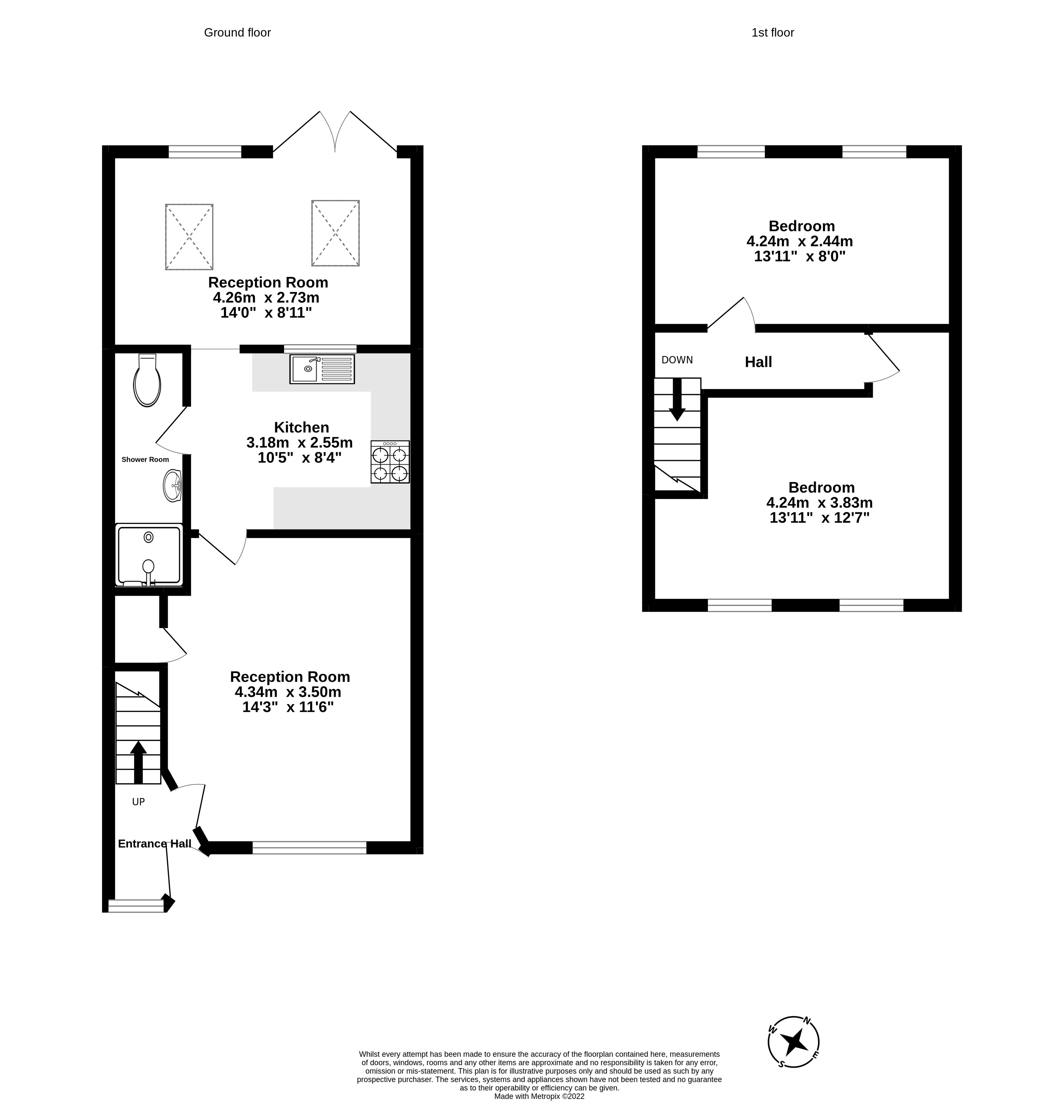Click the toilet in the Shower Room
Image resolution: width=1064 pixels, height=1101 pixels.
coord(147,381)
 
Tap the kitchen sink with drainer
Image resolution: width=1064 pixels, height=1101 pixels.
coord(322,369)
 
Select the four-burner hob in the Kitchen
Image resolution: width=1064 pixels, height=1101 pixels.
coord(390,462)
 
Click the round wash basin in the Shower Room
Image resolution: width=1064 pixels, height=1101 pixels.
coord(172,485)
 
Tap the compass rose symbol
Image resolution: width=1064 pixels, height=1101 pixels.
coord(793,1042)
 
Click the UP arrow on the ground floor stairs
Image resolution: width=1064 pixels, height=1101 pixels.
coord(138,762)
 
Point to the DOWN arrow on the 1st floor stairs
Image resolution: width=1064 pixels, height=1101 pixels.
coord(677,399)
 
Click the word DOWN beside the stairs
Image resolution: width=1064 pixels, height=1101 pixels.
coord(677,360)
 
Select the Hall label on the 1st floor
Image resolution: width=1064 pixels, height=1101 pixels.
coord(758,362)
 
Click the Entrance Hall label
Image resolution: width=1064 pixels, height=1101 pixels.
coord(155,844)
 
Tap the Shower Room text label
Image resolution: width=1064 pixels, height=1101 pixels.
coord(145,460)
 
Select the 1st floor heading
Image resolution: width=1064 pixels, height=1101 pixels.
coord(772,33)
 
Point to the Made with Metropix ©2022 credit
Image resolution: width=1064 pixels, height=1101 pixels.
coord(539,1096)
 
